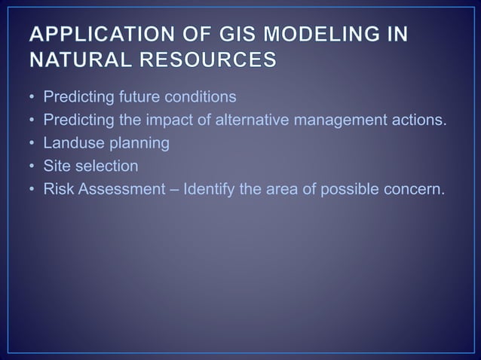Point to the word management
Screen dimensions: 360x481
(x=339, y=120)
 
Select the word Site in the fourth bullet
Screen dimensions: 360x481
(x=57, y=165)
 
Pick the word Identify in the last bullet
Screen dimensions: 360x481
(x=208, y=188)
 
